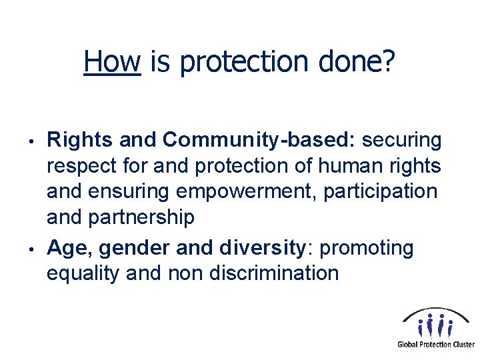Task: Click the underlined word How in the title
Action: tap(112, 63)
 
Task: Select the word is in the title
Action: tap(160, 63)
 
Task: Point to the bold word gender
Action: tap(135, 248)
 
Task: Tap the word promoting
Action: tap(367, 248)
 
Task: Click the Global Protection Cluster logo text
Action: tap(435, 345)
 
